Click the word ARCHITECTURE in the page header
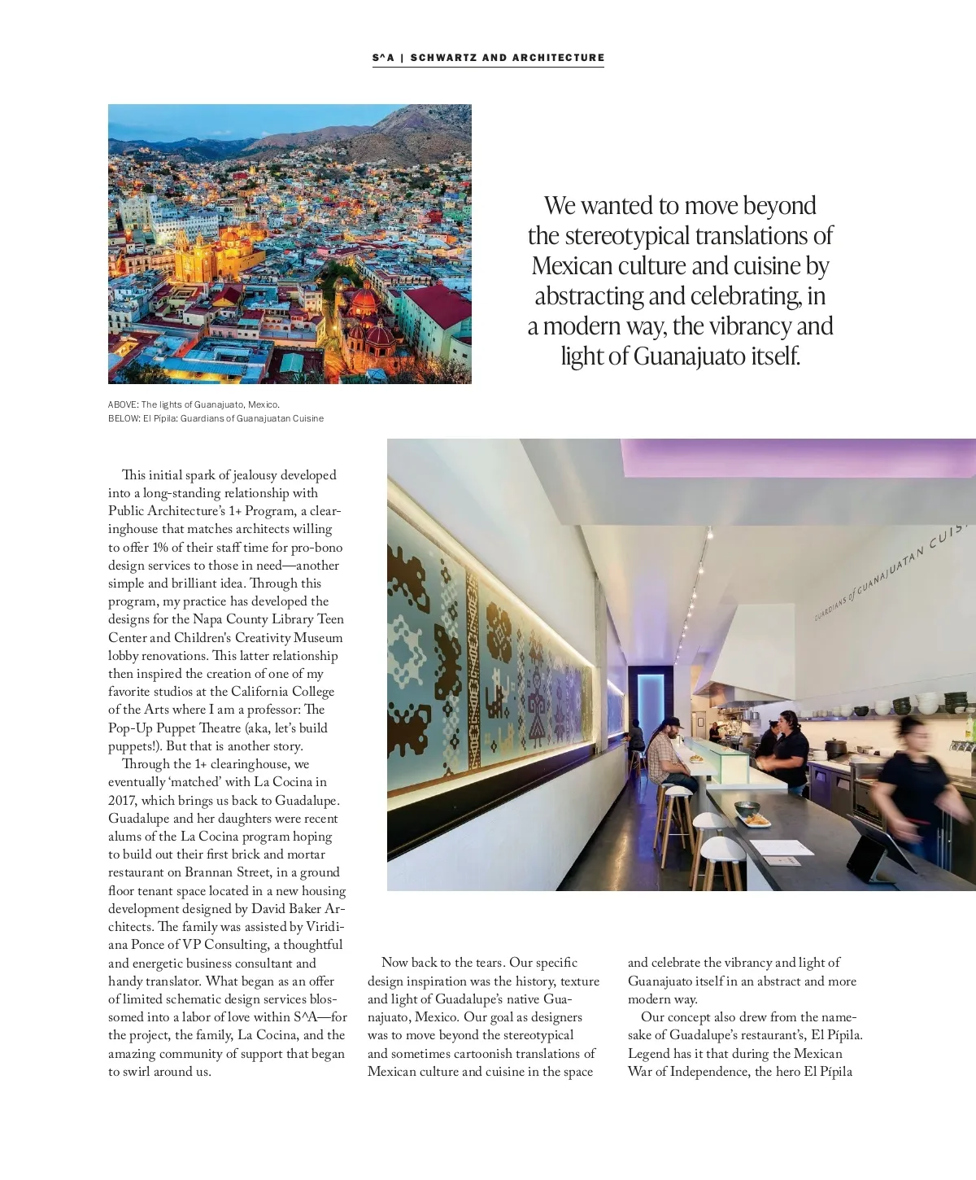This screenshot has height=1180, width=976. (x=558, y=58)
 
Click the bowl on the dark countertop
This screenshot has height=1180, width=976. (x=747, y=808)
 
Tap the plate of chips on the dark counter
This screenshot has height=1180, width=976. (x=756, y=820)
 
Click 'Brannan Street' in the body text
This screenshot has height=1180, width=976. (x=229, y=872)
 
